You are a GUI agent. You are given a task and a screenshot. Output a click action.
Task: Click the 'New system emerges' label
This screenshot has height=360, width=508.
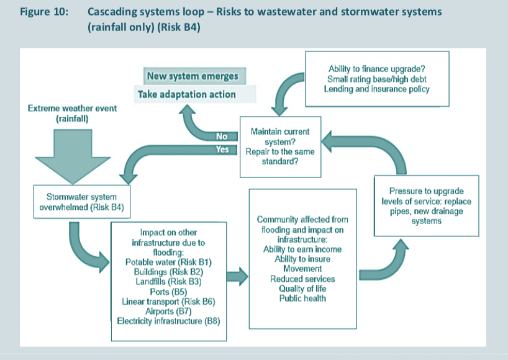click(192, 76)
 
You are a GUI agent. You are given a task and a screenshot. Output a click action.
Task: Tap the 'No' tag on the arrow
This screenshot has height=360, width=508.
click(222, 136)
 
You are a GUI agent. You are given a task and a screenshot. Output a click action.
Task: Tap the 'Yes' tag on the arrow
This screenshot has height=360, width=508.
click(222, 149)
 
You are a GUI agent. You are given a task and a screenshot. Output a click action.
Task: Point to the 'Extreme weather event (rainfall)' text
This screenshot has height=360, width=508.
click(72, 114)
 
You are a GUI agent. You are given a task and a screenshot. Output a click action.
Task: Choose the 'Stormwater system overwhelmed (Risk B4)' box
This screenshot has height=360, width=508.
click(80, 202)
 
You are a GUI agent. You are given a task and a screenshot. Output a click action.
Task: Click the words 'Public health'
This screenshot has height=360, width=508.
click(302, 298)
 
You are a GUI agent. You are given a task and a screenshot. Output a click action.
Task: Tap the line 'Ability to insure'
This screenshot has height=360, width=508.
click(302, 259)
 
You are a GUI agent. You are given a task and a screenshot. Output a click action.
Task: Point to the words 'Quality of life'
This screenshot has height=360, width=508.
click(302, 289)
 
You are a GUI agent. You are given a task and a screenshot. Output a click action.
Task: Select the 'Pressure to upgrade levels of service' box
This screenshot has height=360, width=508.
click(426, 205)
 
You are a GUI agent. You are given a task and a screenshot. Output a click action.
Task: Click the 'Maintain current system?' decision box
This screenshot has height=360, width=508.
click(279, 146)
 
